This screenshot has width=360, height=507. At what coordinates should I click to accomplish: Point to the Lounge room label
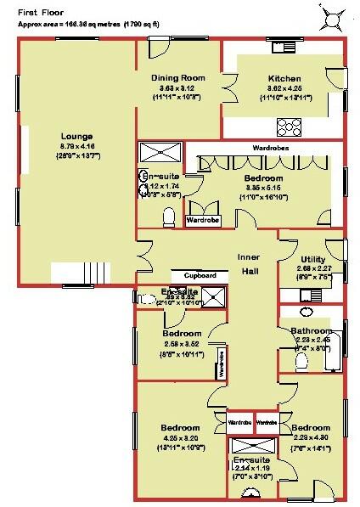[x=76, y=135]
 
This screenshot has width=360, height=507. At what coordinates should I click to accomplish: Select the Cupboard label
[x=196, y=276]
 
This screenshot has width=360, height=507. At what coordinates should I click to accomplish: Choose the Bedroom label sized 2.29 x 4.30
[x=310, y=426]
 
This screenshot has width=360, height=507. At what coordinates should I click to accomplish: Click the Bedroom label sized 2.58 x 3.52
[x=181, y=334]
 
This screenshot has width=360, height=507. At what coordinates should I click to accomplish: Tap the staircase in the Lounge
[x=81, y=273]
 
